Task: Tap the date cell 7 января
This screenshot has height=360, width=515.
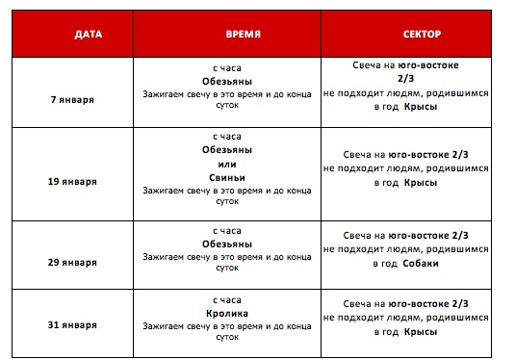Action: [75, 98]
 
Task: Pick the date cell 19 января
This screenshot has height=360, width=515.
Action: [75, 180]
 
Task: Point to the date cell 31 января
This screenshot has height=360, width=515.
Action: [75, 325]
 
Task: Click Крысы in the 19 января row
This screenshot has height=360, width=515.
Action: [422, 182]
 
